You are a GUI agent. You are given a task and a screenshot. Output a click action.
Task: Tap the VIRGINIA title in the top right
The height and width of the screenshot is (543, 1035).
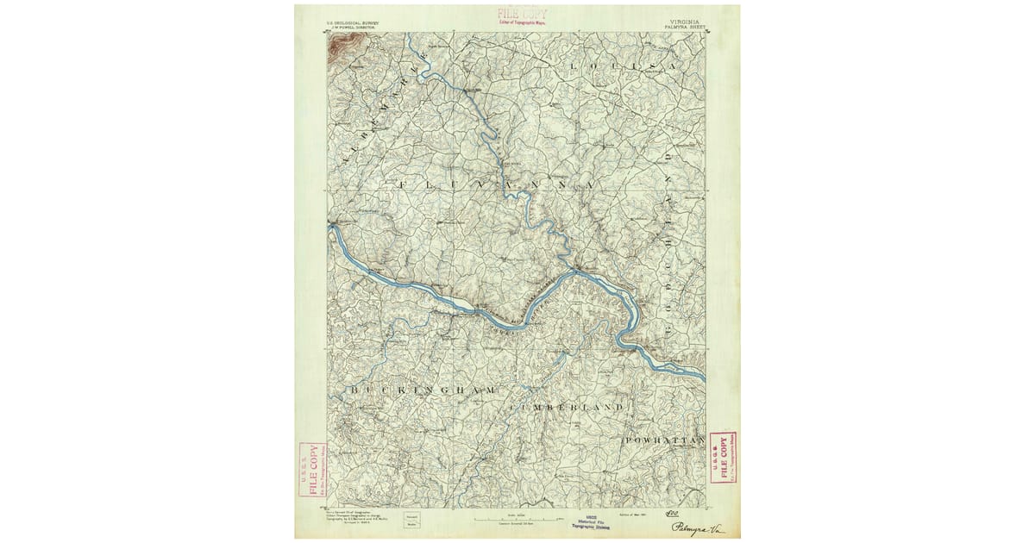click(x=686, y=21)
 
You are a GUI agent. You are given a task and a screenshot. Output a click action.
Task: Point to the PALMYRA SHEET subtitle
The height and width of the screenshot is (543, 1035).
click(x=685, y=27)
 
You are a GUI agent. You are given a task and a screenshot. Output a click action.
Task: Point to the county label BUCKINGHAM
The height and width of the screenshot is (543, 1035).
click(x=423, y=390)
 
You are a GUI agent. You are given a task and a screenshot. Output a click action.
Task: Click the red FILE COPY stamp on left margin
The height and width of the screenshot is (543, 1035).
click(x=308, y=471)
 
